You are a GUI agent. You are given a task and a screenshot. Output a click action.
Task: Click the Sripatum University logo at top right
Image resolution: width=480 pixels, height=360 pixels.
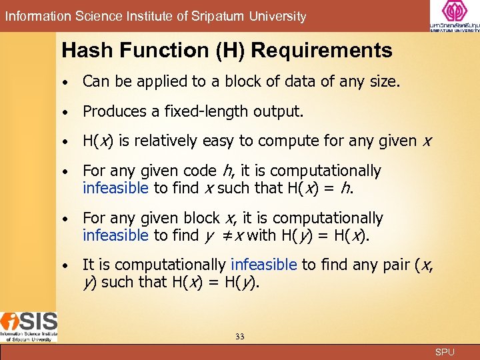coord(455,16)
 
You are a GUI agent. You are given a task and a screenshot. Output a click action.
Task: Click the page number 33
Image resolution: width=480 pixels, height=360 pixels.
coord(240,337)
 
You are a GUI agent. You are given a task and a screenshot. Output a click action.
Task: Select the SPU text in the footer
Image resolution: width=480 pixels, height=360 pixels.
coord(445,352)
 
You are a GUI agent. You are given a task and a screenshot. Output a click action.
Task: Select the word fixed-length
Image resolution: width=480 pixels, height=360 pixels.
coord(206,112)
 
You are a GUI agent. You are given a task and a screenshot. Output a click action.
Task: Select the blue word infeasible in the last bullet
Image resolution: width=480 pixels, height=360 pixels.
coord(263,265)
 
